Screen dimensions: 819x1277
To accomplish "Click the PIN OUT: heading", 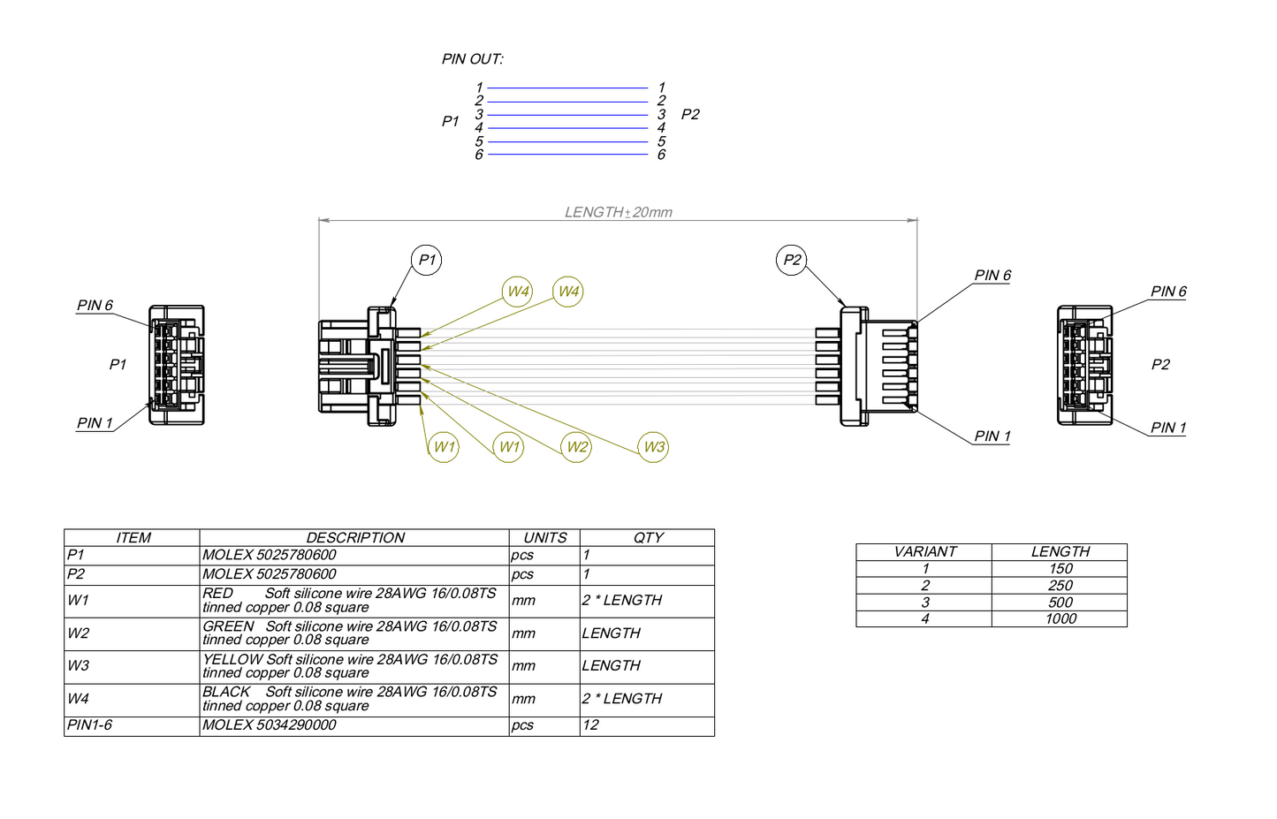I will point(472,59).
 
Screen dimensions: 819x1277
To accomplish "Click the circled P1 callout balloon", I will point(426,260).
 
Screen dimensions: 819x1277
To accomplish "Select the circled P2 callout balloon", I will point(791,260).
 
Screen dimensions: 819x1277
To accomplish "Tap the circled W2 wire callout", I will point(576,447).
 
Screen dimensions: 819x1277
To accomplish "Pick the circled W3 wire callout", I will point(653,447).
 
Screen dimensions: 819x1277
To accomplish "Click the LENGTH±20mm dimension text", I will point(618,212).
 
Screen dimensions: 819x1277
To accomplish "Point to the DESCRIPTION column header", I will point(354,537).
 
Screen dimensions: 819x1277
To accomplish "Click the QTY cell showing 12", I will point(590,725).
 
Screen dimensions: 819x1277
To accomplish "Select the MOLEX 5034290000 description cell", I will point(270,725).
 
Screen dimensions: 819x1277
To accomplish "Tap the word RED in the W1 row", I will point(217,594).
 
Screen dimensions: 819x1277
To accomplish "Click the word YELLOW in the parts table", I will point(232,659).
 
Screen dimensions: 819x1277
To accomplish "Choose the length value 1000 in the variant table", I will point(1060,618).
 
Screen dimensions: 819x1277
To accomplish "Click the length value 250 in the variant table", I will point(1060,586).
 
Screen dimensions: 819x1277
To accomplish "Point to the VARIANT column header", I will point(924,552).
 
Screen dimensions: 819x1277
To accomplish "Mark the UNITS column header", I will point(544,537).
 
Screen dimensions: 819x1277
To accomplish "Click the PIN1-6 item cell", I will point(90,725).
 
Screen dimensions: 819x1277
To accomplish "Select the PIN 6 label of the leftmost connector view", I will point(95,306).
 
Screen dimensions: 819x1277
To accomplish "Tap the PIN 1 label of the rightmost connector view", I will point(1168,428).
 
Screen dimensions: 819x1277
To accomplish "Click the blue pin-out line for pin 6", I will point(567,155).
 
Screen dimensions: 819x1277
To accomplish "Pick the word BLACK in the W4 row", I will point(226,692).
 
